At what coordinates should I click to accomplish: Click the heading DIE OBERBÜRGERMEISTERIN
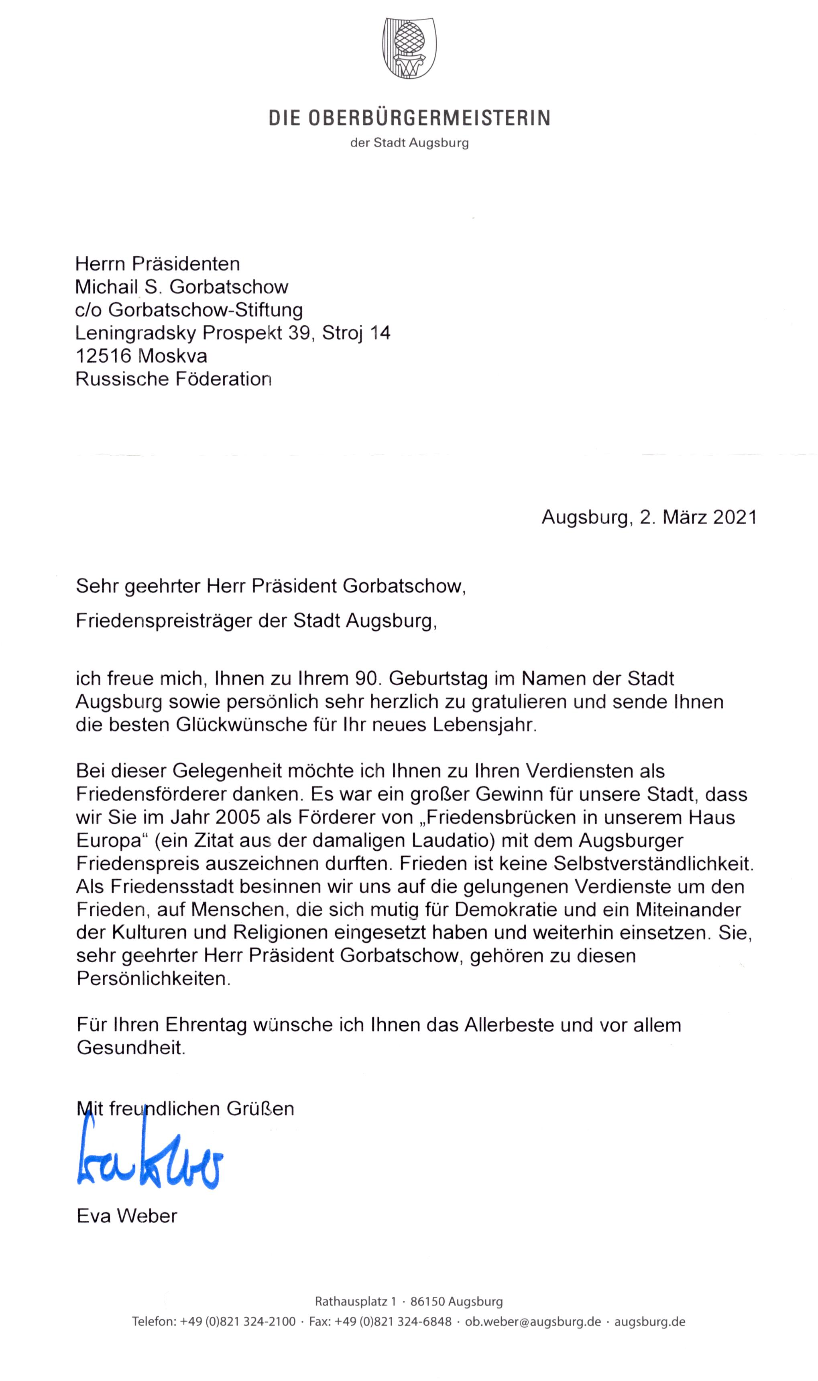coord(409,118)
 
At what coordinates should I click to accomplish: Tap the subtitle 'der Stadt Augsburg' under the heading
coord(409,143)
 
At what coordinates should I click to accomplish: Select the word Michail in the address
coord(106,287)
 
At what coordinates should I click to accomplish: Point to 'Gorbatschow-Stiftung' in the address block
coord(205,310)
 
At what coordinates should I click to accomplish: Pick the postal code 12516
coord(103,356)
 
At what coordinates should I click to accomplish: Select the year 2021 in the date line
coord(735,517)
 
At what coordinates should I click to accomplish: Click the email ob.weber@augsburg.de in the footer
coord(533,1322)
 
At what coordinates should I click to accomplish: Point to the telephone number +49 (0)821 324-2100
coord(238,1322)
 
